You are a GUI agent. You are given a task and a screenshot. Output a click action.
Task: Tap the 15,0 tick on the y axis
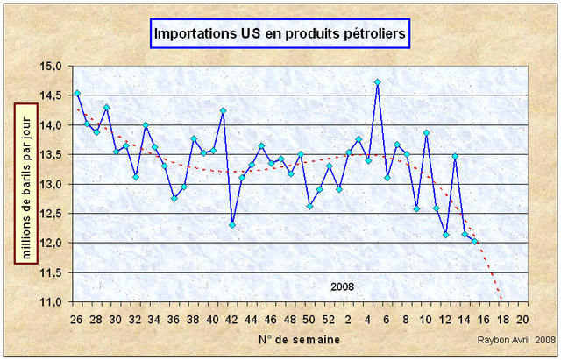coord(50,66)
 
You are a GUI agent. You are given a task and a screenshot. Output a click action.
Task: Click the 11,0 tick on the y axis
coord(50,301)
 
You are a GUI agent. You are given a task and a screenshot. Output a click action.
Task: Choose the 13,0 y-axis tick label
coord(50,184)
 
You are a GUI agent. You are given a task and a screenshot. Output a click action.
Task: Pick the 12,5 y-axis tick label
coord(50,213)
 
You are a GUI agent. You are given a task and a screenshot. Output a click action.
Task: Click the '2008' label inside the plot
coord(343,287)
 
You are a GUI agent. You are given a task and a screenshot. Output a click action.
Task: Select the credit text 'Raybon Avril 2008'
coord(516,340)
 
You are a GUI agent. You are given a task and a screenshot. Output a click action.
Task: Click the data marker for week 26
coord(77,93)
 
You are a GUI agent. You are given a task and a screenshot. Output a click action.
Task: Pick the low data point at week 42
coord(232,225)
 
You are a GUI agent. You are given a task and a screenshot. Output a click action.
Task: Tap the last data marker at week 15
coord(474,241)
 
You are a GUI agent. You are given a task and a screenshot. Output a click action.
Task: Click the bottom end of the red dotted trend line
coord(502,300)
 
